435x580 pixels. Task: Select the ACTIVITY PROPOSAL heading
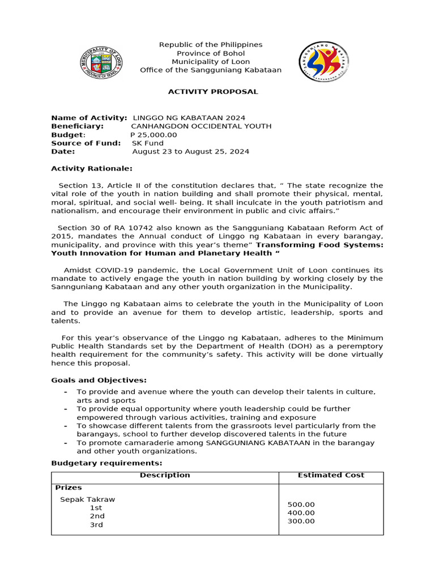(213, 92)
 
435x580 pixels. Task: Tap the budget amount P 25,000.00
(153, 135)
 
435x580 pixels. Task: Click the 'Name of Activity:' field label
(89, 118)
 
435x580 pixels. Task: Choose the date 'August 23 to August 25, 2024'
(190, 152)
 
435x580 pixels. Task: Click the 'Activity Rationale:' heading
(92, 168)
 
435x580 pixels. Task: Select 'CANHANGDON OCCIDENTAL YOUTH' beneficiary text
(201, 126)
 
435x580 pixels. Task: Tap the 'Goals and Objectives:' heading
(99, 380)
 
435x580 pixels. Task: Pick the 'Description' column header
(165, 475)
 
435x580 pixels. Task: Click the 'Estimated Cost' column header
(331, 475)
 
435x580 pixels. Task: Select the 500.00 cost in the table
(301, 505)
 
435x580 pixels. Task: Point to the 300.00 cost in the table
(301, 521)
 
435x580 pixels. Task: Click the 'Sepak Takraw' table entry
(87, 500)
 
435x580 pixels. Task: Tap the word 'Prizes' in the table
(68, 487)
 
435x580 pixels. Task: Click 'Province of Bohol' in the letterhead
(211, 53)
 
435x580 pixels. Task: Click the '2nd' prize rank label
(97, 517)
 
